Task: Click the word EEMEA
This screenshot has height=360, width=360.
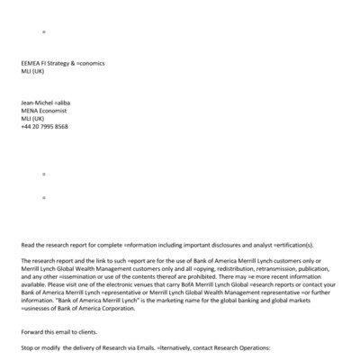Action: [31, 63]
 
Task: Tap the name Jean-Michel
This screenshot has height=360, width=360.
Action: [36, 103]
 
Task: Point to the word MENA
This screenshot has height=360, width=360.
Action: [29, 111]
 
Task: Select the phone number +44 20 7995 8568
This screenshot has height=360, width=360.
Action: [43, 127]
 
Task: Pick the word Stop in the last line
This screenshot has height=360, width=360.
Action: [27, 347]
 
